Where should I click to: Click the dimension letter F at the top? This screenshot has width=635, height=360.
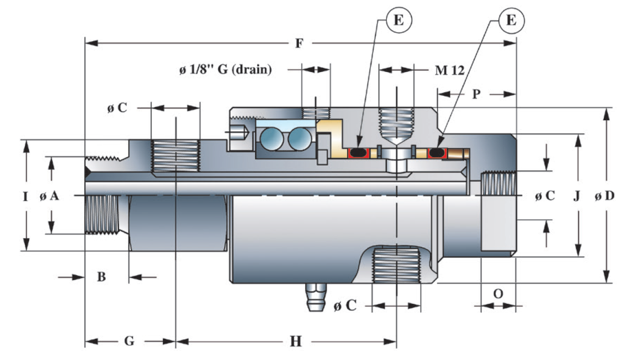click(299, 43)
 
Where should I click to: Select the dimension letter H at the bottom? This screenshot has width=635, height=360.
click(295, 342)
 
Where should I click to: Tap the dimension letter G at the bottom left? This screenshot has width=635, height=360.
click(129, 341)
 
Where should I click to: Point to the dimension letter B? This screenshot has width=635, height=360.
click(102, 276)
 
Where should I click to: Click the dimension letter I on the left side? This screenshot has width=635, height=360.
click(25, 196)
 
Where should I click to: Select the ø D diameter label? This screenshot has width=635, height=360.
click(604, 196)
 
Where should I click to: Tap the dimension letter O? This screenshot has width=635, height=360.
click(497, 293)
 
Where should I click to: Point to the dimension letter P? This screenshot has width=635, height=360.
click(476, 94)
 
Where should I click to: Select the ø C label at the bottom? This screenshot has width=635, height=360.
click(344, 305)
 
